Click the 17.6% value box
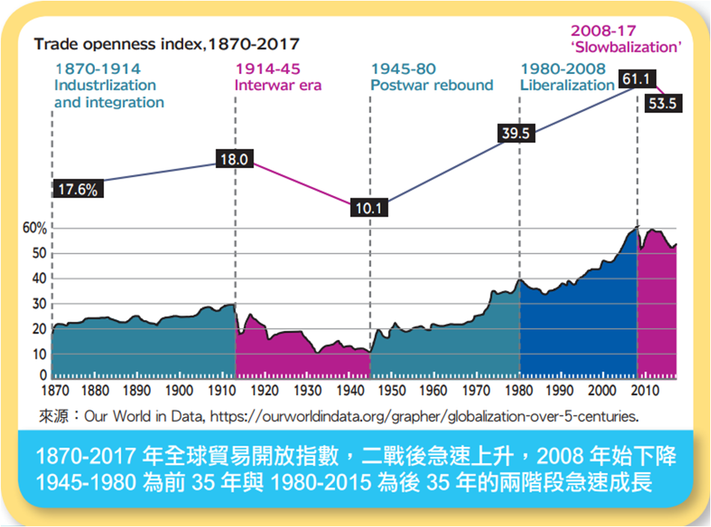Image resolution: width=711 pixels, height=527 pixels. tap(78, 189)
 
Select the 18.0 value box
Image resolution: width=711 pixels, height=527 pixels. tap(236, 158)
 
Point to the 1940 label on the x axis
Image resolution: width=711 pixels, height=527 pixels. tap(349, 390)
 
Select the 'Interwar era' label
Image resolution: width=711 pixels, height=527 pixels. tap(278, 85)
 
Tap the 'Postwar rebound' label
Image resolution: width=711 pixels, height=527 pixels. tap(432, 85)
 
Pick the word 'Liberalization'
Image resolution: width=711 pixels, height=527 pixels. tap(567, 85)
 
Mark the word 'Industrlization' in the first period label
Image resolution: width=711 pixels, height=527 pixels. tap(105, 85)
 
